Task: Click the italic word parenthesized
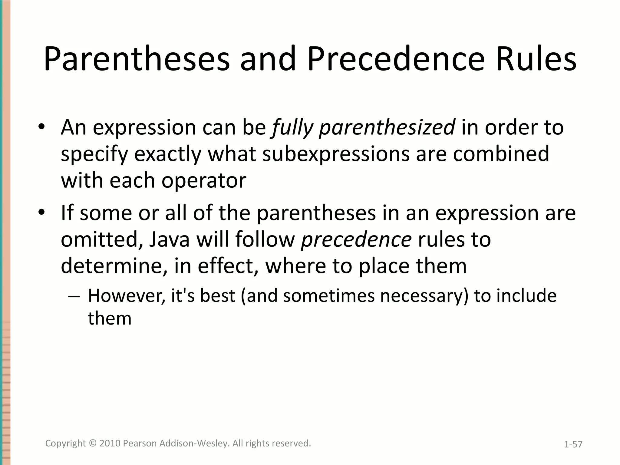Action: (387, 128)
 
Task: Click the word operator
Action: (204, 180)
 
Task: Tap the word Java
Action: (169, 239)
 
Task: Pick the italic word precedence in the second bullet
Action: (356, 239)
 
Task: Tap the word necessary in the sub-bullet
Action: (424, 296)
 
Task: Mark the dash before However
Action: (74, 296)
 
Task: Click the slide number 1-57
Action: (573, 444)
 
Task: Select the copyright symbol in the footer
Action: (93, 443)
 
